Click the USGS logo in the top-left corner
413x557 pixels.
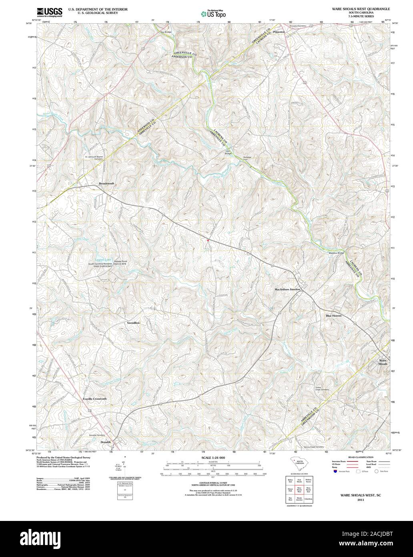(49, 12)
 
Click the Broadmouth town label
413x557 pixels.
(106, 184)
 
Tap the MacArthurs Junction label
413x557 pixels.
(287, 289)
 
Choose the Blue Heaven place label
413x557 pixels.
(333, 316)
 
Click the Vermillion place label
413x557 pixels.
(133, 323)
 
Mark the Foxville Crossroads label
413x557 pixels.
(95, 399)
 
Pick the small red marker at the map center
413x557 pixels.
(208, 240)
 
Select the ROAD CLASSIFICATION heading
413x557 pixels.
(361, 457)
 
